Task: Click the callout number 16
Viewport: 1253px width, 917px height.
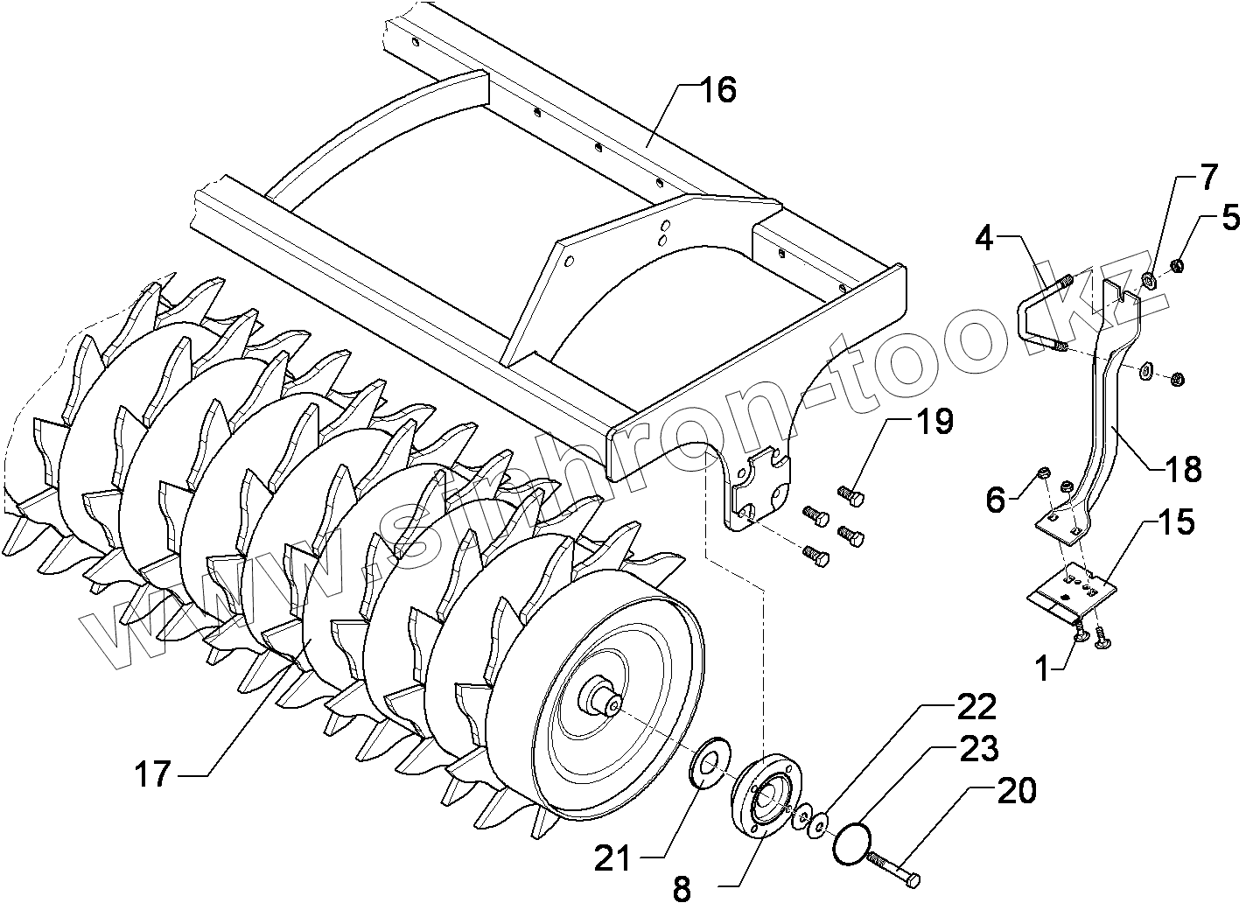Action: tap(717, 90)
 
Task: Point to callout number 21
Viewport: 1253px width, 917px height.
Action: tap(612, 858)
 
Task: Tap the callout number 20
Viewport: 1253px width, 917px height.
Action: tap(1016, 790)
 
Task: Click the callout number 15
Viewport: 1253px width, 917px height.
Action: tap(1178, 522)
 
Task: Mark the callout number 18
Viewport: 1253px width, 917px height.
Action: tap(1183, 470)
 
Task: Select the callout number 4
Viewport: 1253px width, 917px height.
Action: tap(986, 238)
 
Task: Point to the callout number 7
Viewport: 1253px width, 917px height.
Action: tap(1207, 178)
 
